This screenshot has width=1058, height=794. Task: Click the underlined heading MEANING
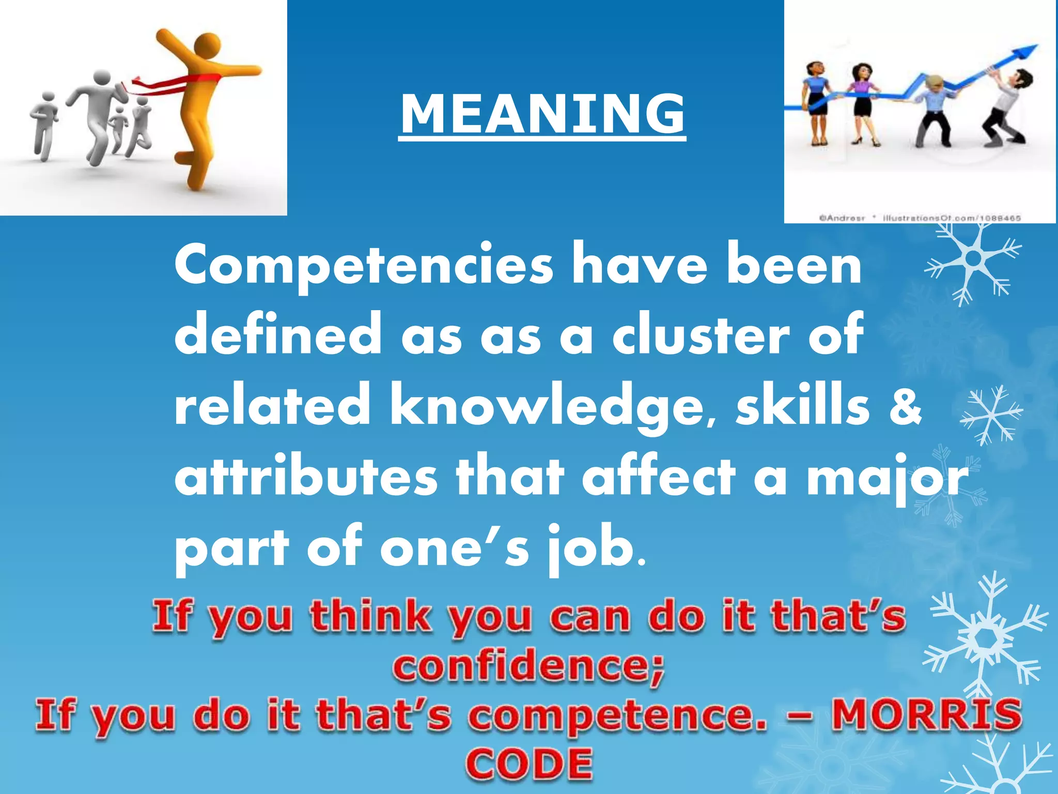542,115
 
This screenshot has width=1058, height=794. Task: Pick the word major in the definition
886,479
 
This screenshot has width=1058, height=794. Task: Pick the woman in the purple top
862,103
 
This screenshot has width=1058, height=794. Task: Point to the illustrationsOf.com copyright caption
920,218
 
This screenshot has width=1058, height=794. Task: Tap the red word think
371,617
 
